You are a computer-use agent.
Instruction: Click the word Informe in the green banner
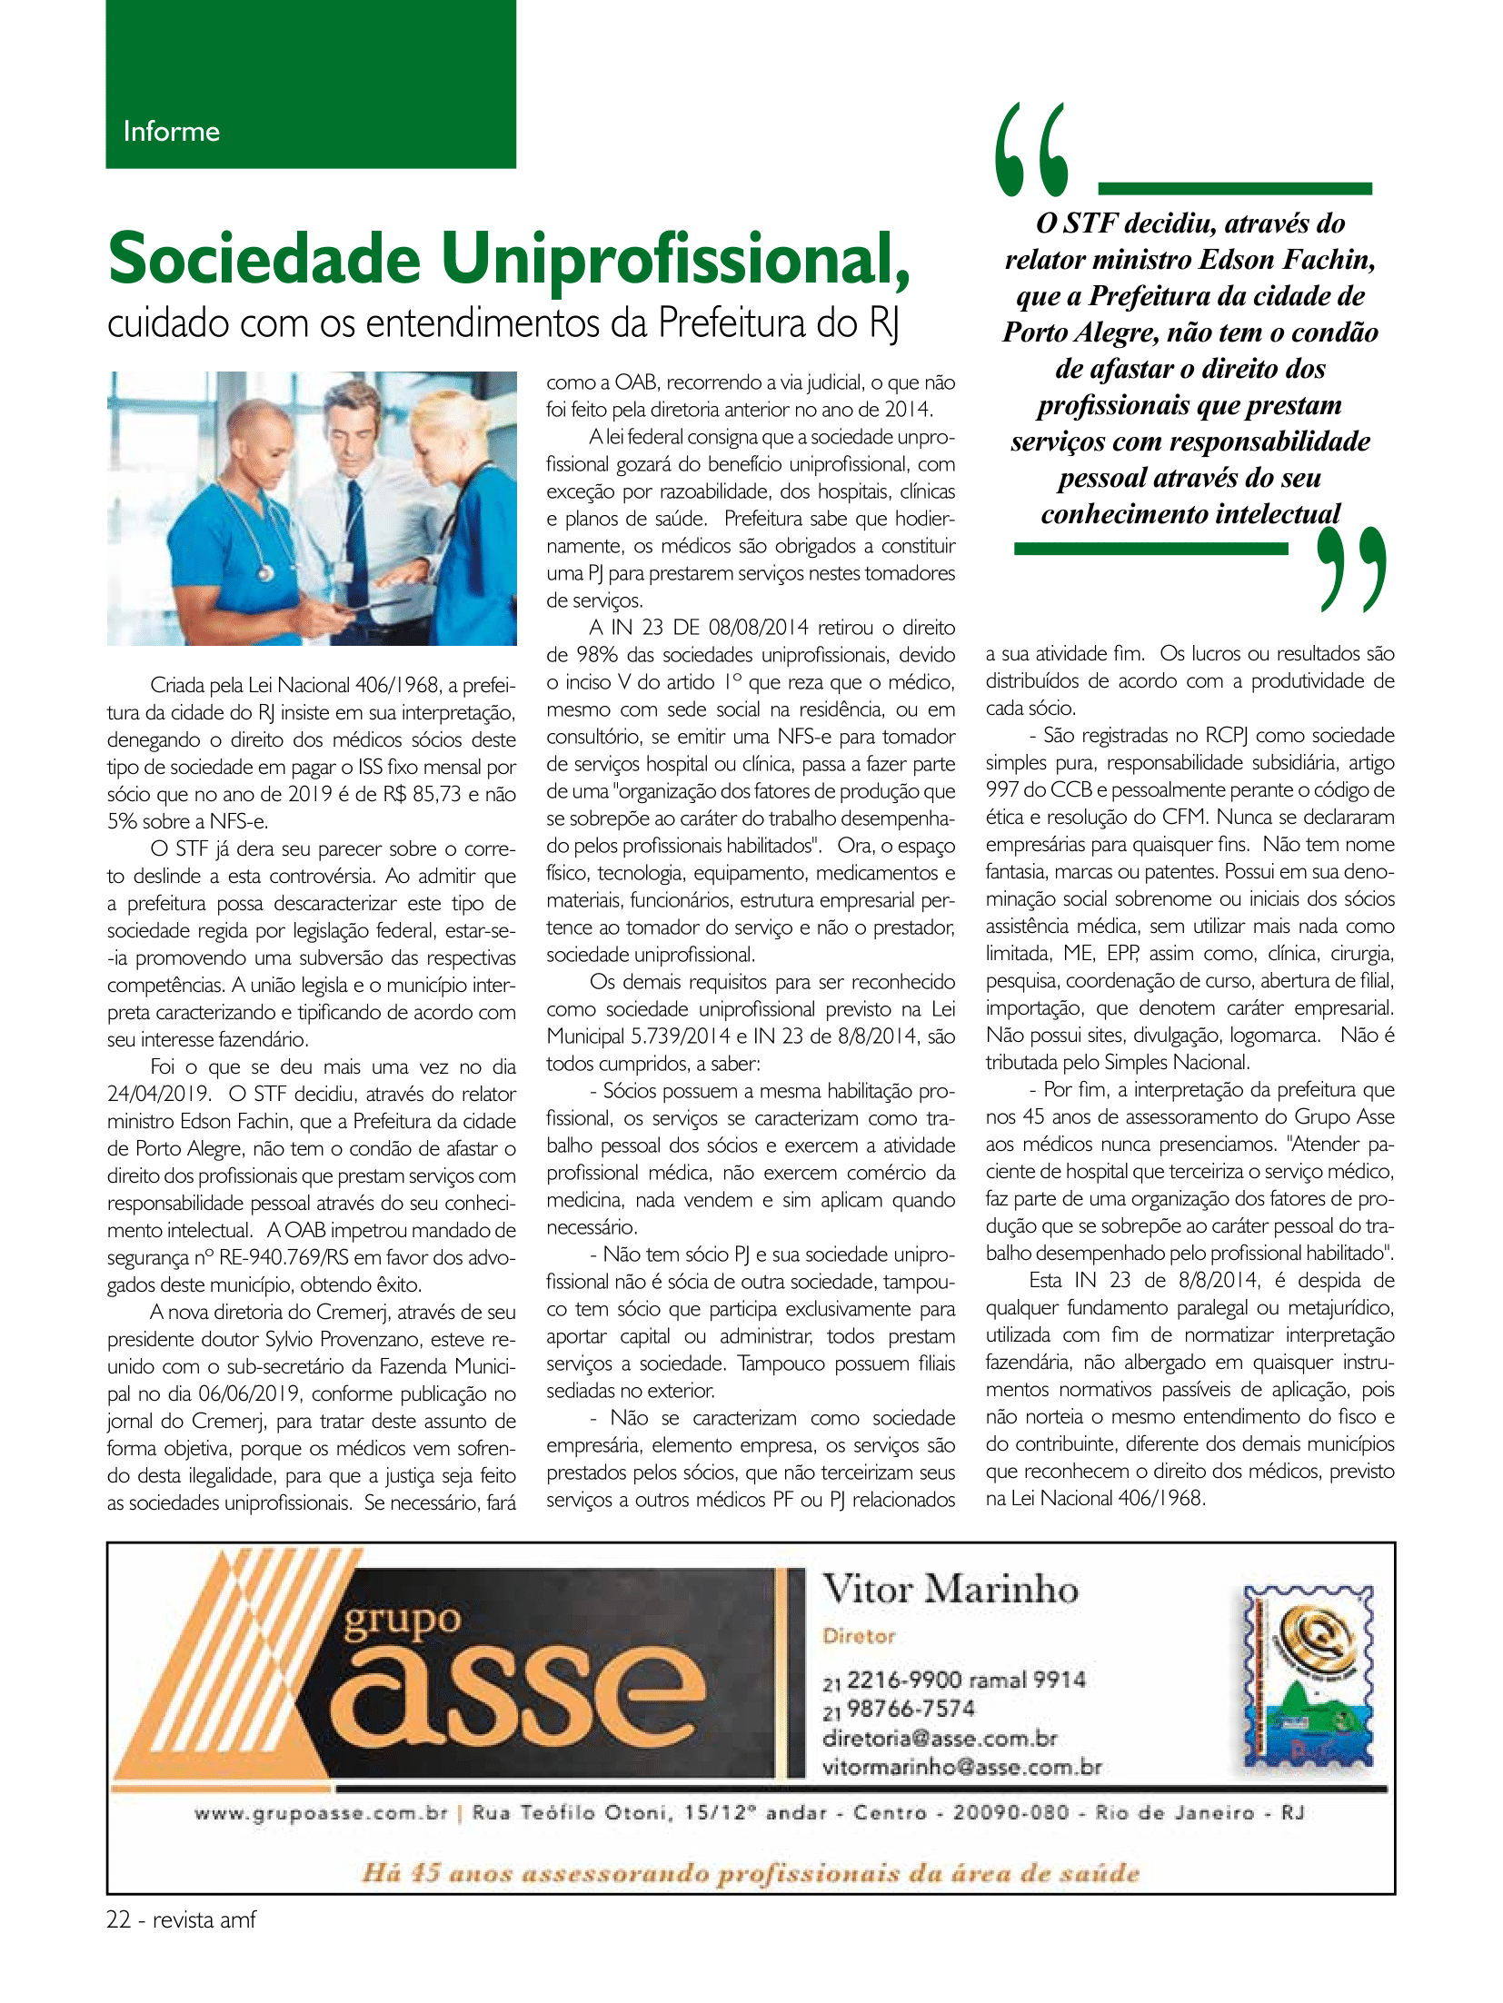click(171, 132)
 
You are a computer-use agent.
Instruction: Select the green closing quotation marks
click(1352, 570)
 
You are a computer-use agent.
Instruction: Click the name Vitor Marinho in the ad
click(951, 1589)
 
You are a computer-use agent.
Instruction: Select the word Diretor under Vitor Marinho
click(859, 1636)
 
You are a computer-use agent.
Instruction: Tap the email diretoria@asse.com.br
click(940, 1739)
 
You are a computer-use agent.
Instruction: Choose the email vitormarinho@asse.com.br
click(961, 1768)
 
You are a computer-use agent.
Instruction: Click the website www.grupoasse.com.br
click(321, 1813)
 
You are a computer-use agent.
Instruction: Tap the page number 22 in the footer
click(119, 1920)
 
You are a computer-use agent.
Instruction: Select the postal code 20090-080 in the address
click(1010, 1813)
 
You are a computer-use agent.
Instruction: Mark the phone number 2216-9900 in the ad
click(904, 1680)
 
